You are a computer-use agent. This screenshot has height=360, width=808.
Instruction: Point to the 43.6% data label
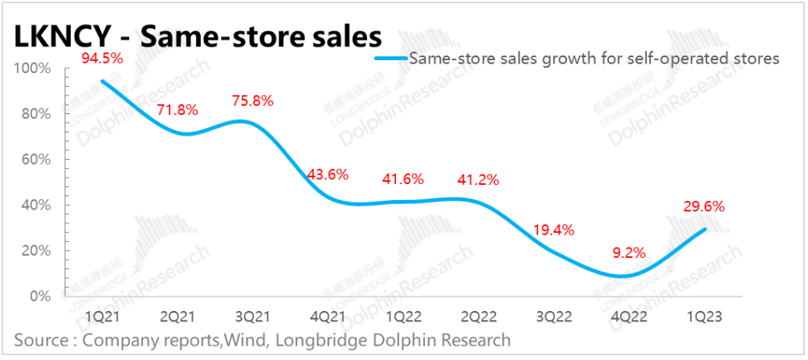point(328,174)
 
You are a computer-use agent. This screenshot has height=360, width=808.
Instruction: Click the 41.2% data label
point(479,178)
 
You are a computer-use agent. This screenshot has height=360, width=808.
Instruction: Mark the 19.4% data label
point(554,230)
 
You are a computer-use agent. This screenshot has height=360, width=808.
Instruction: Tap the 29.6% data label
point(705,207)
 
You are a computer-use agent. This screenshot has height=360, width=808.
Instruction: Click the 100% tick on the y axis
point(32,69)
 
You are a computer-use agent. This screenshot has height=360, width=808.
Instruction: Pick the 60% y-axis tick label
point(35,160)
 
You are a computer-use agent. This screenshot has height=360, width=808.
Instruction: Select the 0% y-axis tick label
point(39,297)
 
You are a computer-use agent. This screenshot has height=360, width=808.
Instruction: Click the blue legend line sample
point(391,58)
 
